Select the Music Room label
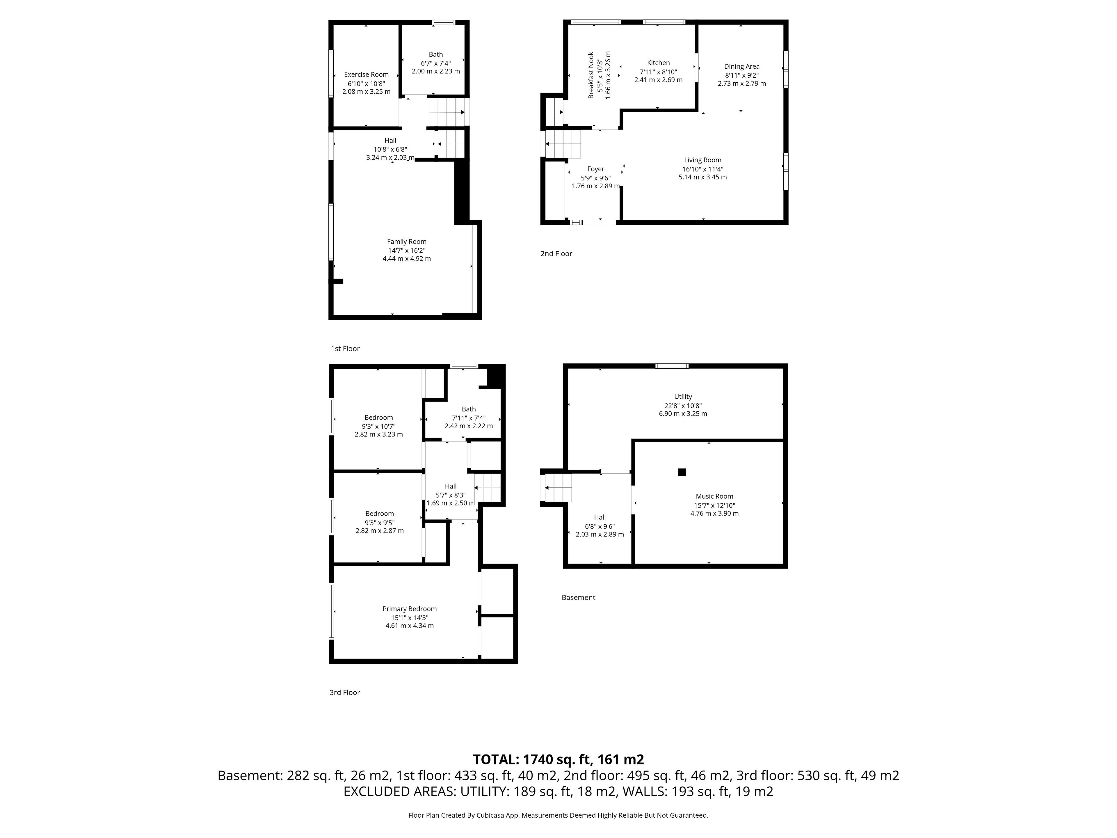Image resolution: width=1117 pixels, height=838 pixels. (714, 496)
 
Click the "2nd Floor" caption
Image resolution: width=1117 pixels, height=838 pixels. (556, 253)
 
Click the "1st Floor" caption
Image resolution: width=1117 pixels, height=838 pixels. (345, 349)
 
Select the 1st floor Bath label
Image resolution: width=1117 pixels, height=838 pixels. (436, 54)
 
